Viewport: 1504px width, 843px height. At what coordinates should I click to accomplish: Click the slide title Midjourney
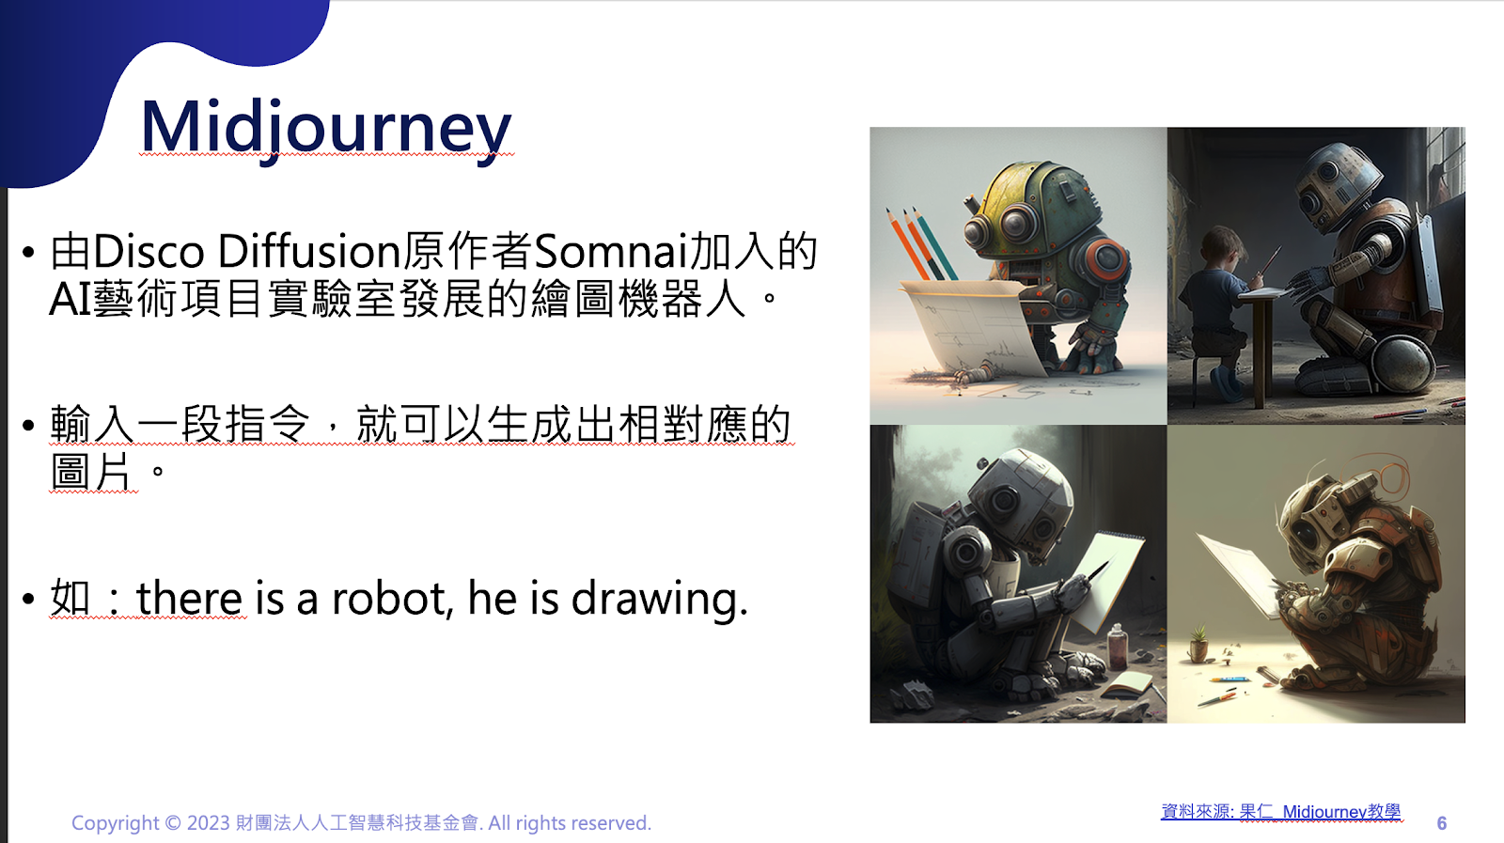[x=326, y=128]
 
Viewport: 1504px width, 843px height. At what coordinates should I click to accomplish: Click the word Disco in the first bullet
[x=149, y=252]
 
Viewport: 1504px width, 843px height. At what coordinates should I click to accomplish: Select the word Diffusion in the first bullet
[x=309, y=252]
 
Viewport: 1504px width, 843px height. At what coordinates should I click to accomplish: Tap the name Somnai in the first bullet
[x=611, y=252]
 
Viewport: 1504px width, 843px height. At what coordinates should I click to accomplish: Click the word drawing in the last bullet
[x=659, y=599]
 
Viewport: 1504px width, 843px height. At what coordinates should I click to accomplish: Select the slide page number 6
[x=1442, y=823]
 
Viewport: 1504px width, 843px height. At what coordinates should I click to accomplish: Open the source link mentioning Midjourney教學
[x=1281, y=812]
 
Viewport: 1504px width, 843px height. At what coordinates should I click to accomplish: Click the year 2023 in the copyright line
[x=208, y=823]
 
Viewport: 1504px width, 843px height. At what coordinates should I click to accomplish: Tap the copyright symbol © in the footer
[x=173, y=823]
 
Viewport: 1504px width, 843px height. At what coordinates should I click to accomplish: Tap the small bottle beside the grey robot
[x=1117, y=647]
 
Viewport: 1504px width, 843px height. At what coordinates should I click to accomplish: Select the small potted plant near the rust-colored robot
[x=1198, y=644]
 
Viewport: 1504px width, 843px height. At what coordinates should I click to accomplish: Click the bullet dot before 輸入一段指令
[x=28, y=426]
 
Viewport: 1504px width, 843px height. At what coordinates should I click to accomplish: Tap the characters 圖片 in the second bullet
[x=90, y=472]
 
